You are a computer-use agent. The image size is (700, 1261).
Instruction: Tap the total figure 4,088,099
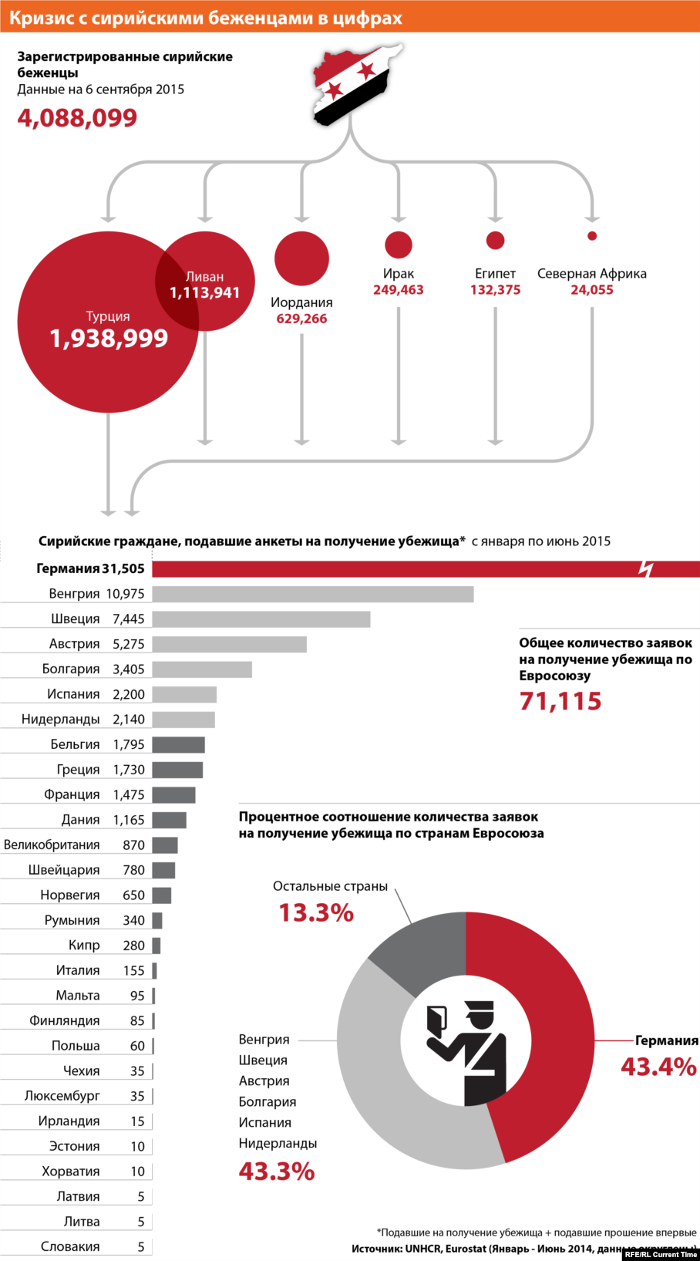click(77, 118)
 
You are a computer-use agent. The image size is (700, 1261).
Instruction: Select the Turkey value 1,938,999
click(109, 339)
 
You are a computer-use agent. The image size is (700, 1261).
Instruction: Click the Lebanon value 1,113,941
click(205, 293)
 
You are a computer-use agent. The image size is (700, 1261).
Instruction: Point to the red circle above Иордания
click(301, 258)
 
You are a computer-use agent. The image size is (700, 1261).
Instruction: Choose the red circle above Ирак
click(399, 244)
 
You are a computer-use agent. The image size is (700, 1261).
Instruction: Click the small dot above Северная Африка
click(592, 236)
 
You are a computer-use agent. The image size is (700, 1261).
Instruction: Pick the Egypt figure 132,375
click(495, 290)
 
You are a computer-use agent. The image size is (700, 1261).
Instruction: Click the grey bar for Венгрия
click(312, 594)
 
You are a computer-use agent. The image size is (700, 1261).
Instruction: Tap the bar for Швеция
click(261, 619)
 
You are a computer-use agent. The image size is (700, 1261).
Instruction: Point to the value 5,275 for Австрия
click(129, 644)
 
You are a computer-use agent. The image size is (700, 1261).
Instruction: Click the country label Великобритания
click(52, 845)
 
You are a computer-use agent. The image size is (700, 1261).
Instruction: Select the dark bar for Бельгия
click(178, 744)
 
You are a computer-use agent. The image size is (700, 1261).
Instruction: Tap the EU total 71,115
click(560, 701)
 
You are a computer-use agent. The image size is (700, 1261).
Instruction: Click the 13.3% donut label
click(316, 913)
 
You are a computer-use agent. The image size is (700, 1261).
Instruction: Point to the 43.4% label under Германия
click(658, 1067)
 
